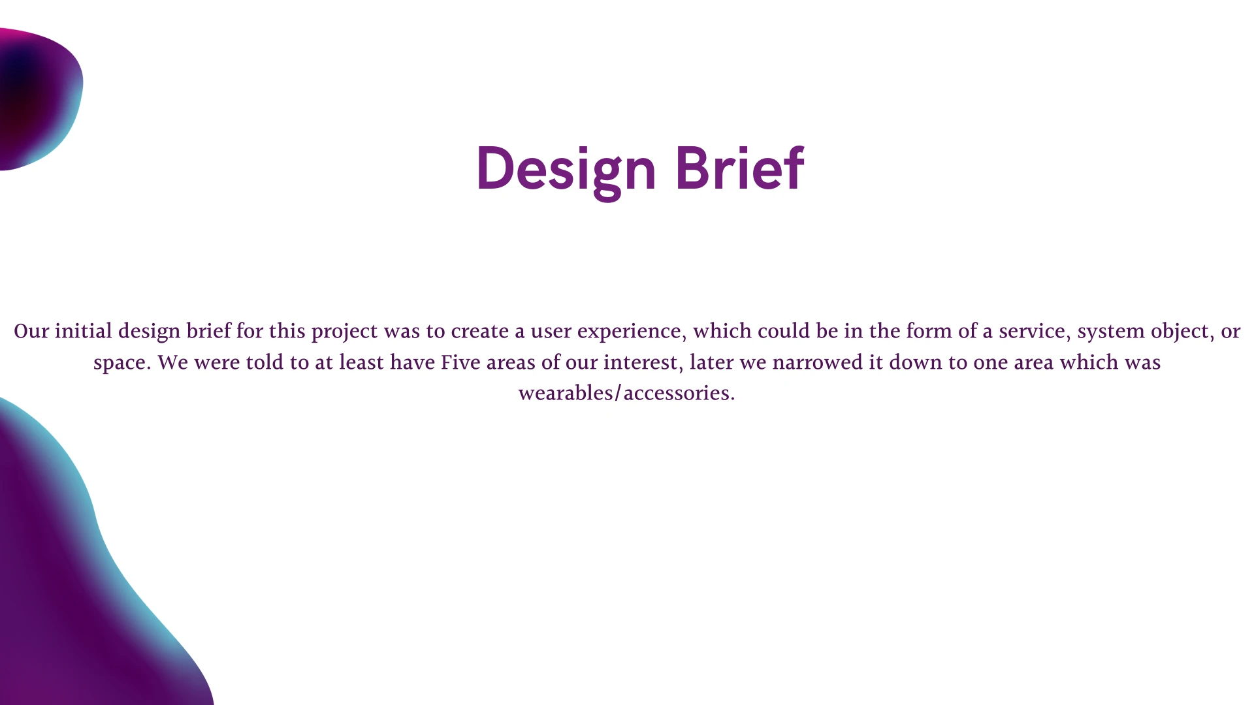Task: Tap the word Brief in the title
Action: click(739, 168)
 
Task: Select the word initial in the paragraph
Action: click(84, 331)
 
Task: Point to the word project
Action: click(344, 332)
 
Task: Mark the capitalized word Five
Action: click(460, 362)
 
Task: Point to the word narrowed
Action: click(818, 362)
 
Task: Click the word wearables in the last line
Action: click(566, 393)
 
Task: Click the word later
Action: click(712, 362)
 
